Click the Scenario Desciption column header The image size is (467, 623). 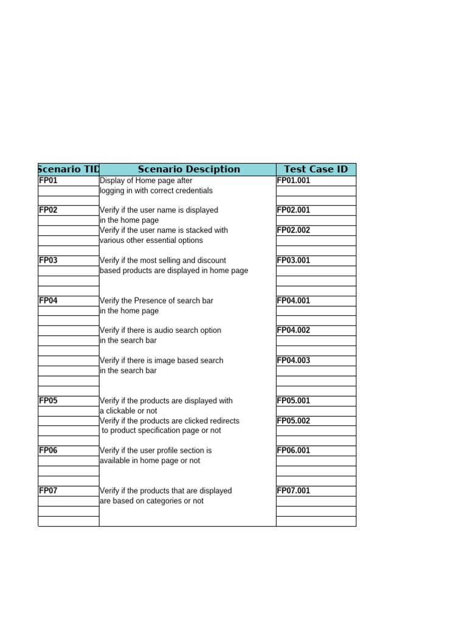coord(189,170)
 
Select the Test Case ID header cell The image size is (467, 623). coord(316,170)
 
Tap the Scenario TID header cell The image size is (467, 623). coord(69,170)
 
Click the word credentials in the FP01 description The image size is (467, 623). coord(192,191)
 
